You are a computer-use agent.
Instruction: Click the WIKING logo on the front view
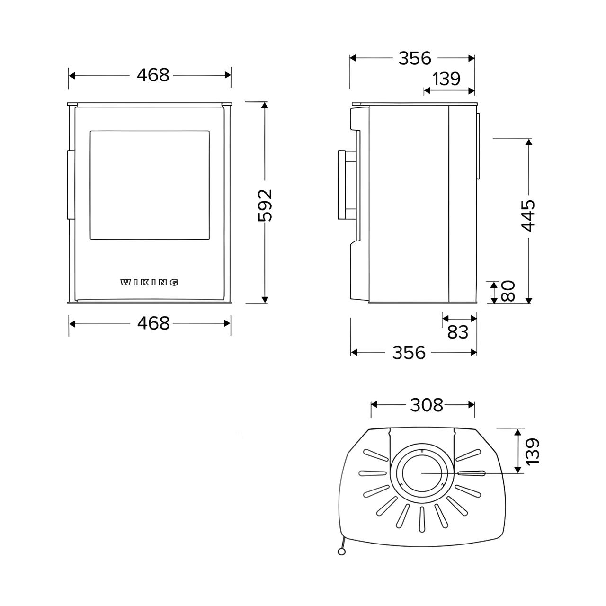pyautogui.click(x=149, y=282)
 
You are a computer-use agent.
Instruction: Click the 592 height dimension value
pyautogui.click(x=265, y=205)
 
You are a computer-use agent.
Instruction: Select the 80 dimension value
pyautogui.click(x=508, y=291)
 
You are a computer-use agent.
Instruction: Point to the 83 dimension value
pyautogui.click(x=458, y=332)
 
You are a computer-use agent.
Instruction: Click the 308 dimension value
pyautogui.click(x=427, y=405)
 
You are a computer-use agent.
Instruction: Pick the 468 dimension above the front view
pyautogui.click(x=153, y=75)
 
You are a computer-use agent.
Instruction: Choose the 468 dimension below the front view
pyautogui.click(x=153, y=323)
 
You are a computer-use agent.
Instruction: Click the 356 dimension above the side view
pyautogui.click(x=415, y=58)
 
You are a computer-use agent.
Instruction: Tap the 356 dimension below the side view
pyautogui.click(x=409, y=353)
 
